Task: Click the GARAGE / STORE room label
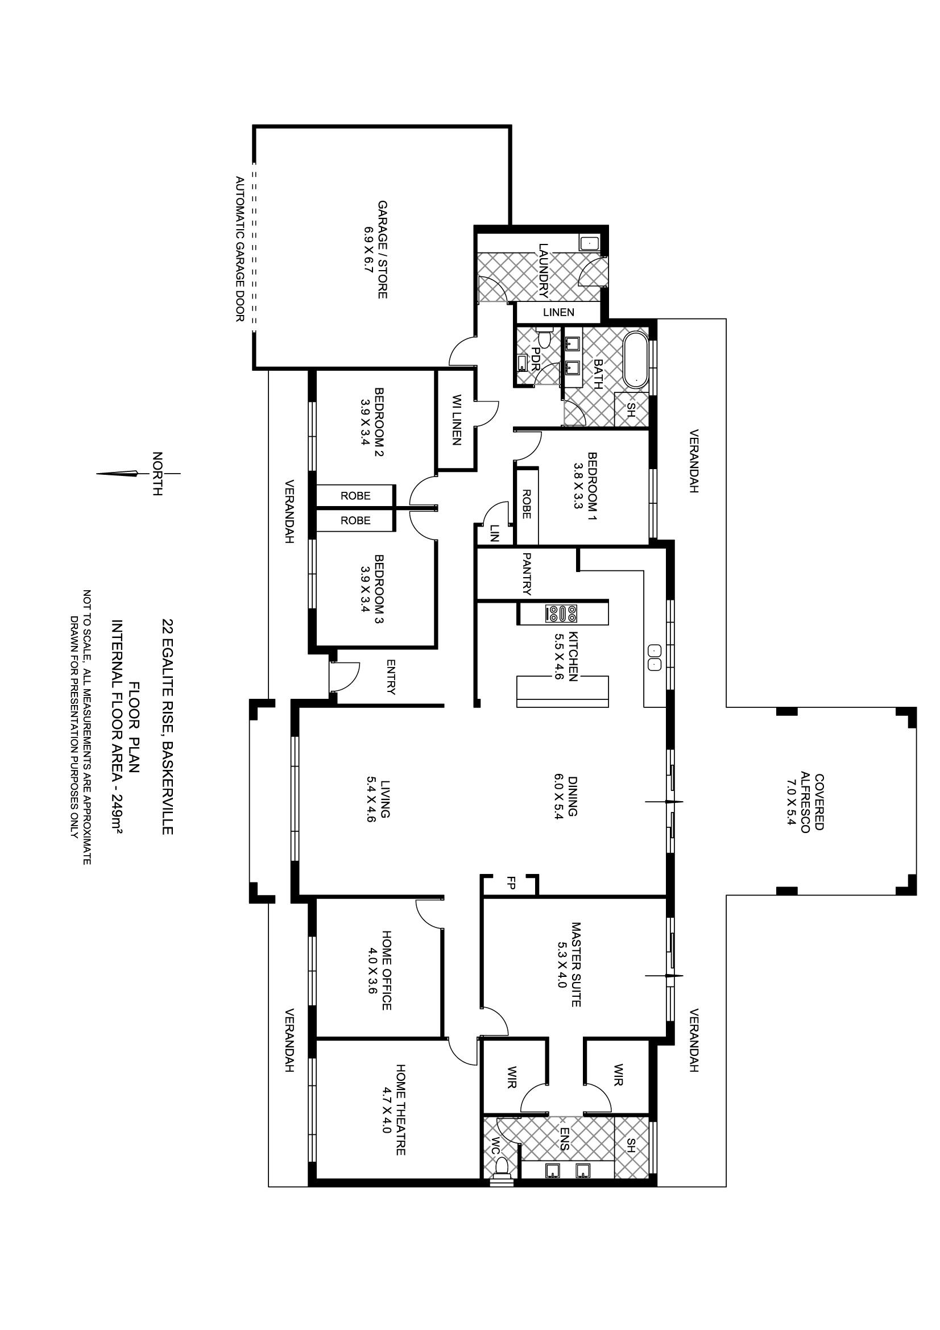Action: coord(382,250)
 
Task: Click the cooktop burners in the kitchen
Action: coord(561,614)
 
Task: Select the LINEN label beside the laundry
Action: coord(559,312)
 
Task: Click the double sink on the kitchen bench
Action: coord(653,657)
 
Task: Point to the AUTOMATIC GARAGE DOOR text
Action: coord(240,250)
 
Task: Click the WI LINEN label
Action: coord(457,420)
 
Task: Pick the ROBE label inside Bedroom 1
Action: coord(527,504)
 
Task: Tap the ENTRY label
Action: coord(391,677)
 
